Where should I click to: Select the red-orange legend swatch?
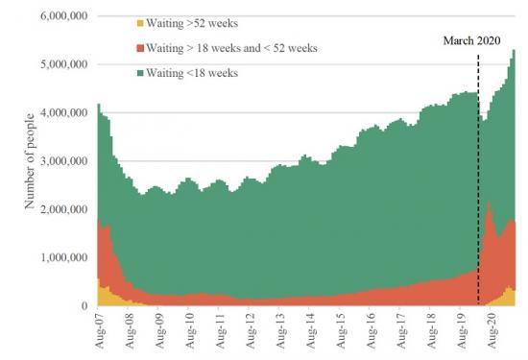point(144,46)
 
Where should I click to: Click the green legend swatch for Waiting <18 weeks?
point(144,73)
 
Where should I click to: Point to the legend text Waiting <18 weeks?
point(199,73)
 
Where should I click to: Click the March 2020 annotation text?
point(477,40)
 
